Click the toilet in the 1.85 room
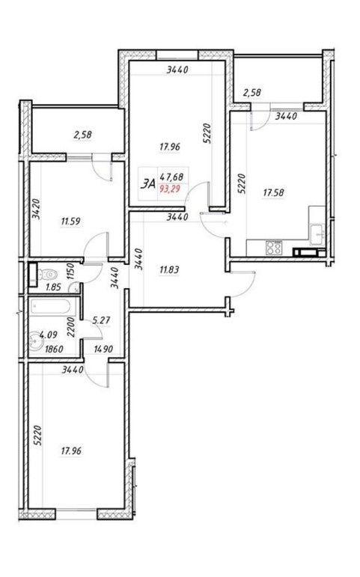coord(46,275)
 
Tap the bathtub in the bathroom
coord(54,306)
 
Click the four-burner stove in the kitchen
coord(274,247)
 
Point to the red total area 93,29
coord(171,189)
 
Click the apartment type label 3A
coord(148,183)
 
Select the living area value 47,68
coord(171,177)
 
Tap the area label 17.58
coord(273,192)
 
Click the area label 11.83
coord(169,269)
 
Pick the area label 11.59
coord(70,222)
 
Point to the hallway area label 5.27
coord(101,320)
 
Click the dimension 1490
coord(103,349)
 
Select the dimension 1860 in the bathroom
coord(54,349)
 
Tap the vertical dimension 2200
coord(71,328)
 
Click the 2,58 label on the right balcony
coord(252,92)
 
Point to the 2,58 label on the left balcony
coord(82,135)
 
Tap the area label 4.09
coord(47,335)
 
